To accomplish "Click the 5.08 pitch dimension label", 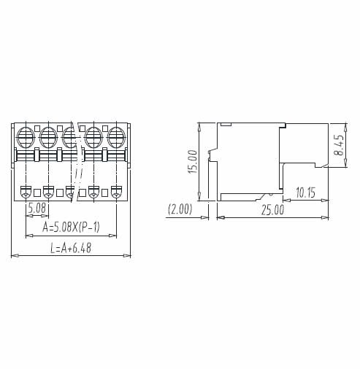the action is pos(37,209).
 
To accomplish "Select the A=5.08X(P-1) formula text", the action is pos(71,228).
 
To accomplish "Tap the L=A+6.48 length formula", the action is pos(71,248).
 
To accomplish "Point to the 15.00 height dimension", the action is pos(193,162).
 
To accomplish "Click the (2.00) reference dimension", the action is pos(180,209).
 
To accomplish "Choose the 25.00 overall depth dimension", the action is pos(272,210).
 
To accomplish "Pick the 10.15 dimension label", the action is pos(306,193).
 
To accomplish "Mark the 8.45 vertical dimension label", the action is pos(339,145).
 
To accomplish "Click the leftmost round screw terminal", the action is pos(26,138).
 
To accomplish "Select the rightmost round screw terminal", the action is pos(117,138).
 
